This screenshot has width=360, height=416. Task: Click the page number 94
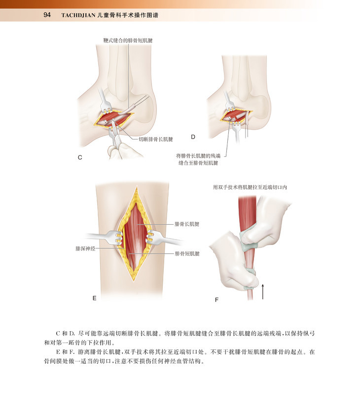[47, 15]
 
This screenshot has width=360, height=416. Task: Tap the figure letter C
[79, 158]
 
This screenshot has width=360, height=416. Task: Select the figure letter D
[193, 136]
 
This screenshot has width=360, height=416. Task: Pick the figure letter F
[217, 299]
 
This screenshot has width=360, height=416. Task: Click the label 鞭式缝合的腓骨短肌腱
[128, 40]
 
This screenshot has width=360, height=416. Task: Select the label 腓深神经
[85, 249]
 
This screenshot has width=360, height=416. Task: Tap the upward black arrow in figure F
[263, 291]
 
